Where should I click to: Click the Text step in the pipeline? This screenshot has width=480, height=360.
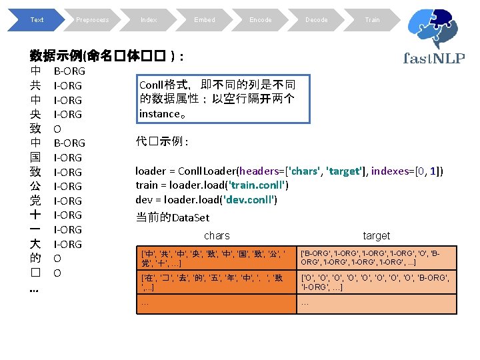(36, 20)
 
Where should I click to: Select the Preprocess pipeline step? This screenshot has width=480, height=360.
(92, 20)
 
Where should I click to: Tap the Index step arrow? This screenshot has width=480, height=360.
(148, 20)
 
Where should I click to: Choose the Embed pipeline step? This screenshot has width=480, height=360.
(204, 20)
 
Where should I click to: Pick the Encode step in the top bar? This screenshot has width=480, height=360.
(260, 20)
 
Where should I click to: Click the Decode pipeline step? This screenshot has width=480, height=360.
(316, 20)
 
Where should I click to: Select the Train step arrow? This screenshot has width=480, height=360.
(372, 20)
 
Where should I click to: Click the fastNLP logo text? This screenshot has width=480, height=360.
(434, 57)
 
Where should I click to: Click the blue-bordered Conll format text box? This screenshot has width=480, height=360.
(223, 99)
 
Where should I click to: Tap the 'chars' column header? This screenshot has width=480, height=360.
(217, 235)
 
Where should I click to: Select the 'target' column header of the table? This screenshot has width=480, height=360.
(377, 235)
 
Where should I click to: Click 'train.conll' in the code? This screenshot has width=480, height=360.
(258, 185)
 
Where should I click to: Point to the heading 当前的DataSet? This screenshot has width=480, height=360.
(172, 217)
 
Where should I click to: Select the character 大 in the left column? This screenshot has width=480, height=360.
(35, 244)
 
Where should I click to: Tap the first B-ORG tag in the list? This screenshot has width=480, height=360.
(69, 71)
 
